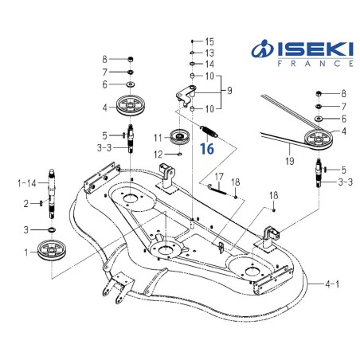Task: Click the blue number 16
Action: click(x=207, y=148)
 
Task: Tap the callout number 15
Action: click(x=209, y=41)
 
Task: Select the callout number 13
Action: click(x=209, y=53)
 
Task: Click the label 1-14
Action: click(x=26, y=183)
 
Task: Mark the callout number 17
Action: click(x=220, y=177)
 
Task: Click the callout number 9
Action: click(x=229, y=91)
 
